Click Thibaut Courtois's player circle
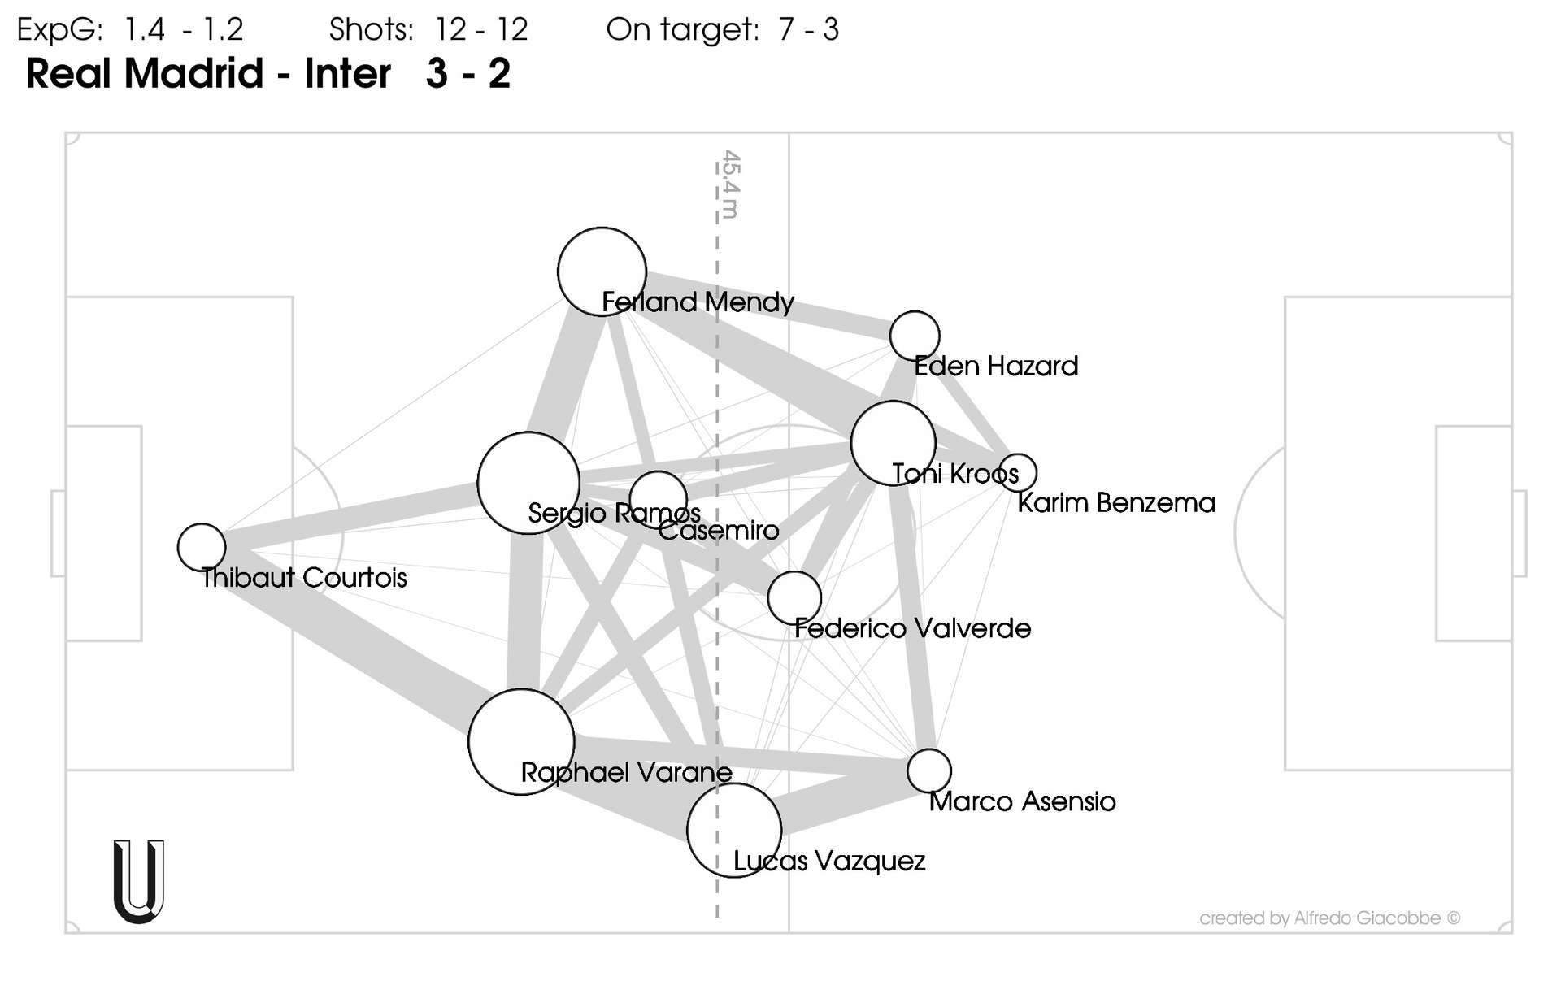click(202, 547)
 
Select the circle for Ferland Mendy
click(602, 271)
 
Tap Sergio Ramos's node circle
click(528, 483)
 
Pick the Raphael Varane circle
click(521, 741)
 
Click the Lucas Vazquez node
click(734, 830)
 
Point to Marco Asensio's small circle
click(929, 770)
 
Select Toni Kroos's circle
click(893, 443)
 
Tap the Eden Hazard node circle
click(915, 336)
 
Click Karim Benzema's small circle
click(1018, 471)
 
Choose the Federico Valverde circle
click(794, 597)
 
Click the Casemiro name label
click(719, 531)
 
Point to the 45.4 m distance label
click(730, 184)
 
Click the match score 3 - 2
click(467, 73)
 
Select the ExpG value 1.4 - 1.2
click(184, 30)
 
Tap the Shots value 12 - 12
click(481, 30)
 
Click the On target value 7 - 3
click(808, 30)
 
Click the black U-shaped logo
click(139, 882)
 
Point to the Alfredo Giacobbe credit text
click(1329, 918)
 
